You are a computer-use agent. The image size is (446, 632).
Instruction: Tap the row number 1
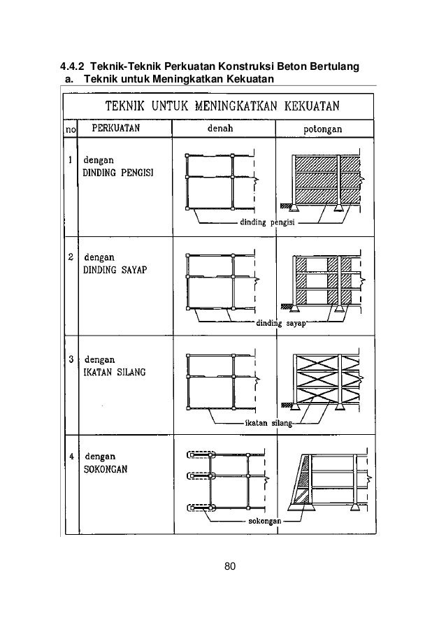[x=71, y=159]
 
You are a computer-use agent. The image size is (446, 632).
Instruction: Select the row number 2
[x=71, y=257]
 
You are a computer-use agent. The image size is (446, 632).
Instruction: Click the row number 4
[x=71, y=457]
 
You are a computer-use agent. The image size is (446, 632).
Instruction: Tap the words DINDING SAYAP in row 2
[x=114, y=270]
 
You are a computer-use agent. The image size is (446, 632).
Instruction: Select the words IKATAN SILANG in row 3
[x=115, y=372]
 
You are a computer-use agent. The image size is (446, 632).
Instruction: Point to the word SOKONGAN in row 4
[x=105, y=469]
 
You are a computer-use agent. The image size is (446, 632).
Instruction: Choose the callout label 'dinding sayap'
[x=282, y=322]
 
